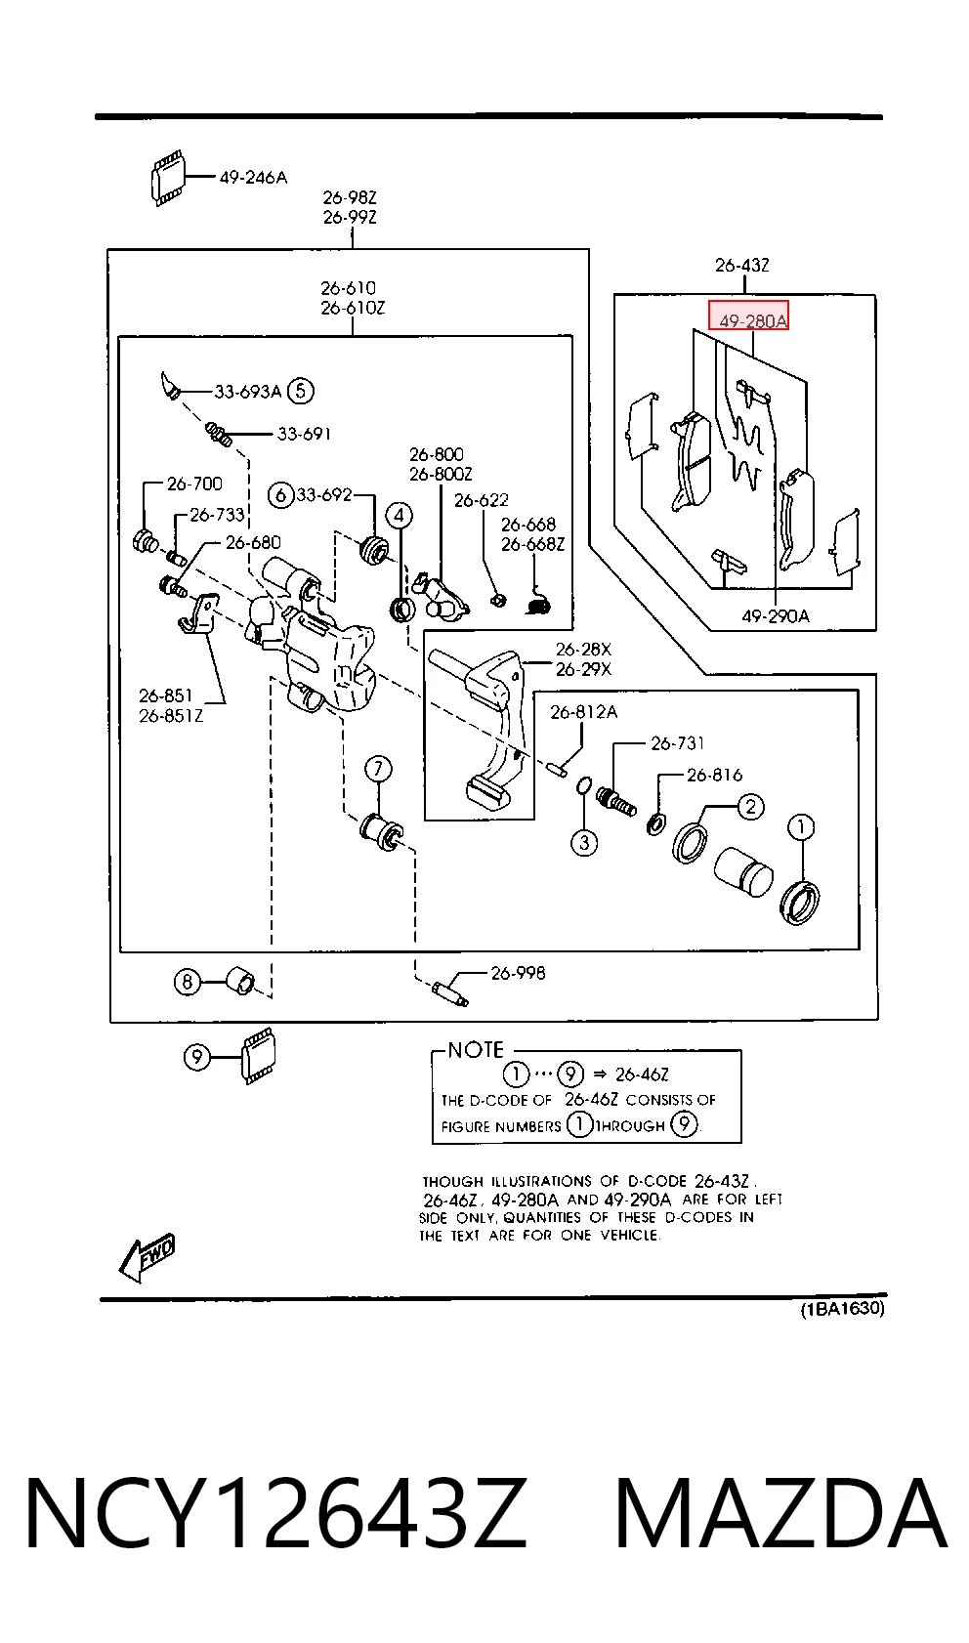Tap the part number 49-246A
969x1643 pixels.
[253, 178]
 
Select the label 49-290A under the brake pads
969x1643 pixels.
[776, 616]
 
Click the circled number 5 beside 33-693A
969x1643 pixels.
[300, 391]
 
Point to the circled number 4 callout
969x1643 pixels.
[399, 516]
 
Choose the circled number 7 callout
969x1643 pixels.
[378, 769]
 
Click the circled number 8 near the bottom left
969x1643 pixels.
[187, 982]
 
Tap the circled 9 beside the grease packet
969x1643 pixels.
[196, 1057]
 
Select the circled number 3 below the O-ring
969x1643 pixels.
[584, 842]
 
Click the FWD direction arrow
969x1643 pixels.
[147, 1257]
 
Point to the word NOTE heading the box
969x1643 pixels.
[476, 1050]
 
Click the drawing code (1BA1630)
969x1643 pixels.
[843, 1309]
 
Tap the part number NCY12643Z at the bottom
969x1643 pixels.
[275, 1513]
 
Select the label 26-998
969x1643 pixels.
[518, 973]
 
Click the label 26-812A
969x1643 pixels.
[584, 712]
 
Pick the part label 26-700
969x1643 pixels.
[194, 484]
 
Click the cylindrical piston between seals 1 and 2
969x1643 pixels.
[743, 871]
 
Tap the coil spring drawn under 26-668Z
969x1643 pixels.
[539, 603]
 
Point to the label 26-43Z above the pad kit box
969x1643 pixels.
[742, 265]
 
